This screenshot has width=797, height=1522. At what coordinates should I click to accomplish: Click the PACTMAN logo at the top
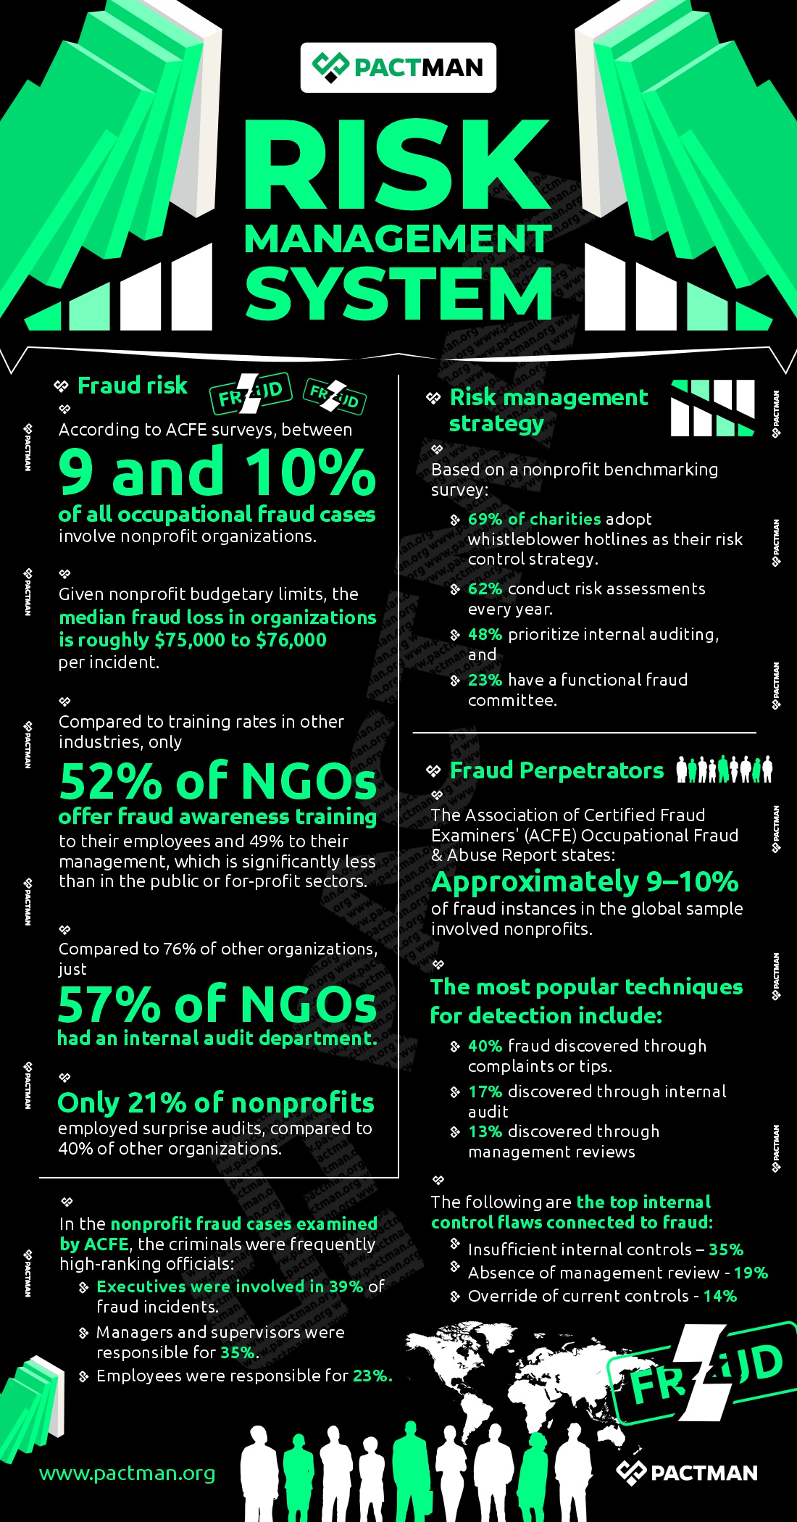(x=398, y=67)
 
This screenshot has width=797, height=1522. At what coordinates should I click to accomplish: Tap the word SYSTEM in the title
(x=398, y=294)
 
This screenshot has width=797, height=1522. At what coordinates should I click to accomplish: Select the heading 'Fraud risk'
(x=132, y=386)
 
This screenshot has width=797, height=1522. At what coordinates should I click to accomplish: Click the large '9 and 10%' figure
(x=217, y=472)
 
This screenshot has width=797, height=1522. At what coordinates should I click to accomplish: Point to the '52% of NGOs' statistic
(x=217, y=781)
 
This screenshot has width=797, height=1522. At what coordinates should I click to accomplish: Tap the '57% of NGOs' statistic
(x=217, y=1005)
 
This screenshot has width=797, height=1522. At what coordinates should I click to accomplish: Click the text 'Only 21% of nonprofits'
(x=215, y=1102)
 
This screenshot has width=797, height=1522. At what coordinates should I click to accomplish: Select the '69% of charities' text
(x=534, y=519)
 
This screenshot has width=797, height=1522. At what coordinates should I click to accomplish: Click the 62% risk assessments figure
(x=485, y=589)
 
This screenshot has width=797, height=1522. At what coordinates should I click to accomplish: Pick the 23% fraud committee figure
(x=485, y=680)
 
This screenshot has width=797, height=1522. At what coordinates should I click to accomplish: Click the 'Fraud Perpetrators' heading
(x=556, y=770)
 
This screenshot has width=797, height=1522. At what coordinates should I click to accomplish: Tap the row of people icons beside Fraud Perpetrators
(x=724, y=769)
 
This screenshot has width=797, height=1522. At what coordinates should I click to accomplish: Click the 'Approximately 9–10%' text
(x=585, y=882)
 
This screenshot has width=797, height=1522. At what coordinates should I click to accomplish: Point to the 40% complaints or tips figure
(x=485, y=1046)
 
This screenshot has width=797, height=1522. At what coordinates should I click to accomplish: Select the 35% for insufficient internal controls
(x=726, y=1249)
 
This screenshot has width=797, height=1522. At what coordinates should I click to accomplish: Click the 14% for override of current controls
(x=720, y=1296)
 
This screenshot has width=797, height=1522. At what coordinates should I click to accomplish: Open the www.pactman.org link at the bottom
(x=127, y=1473)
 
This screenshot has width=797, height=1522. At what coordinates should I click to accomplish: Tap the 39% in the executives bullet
(x=346, y=1286)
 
